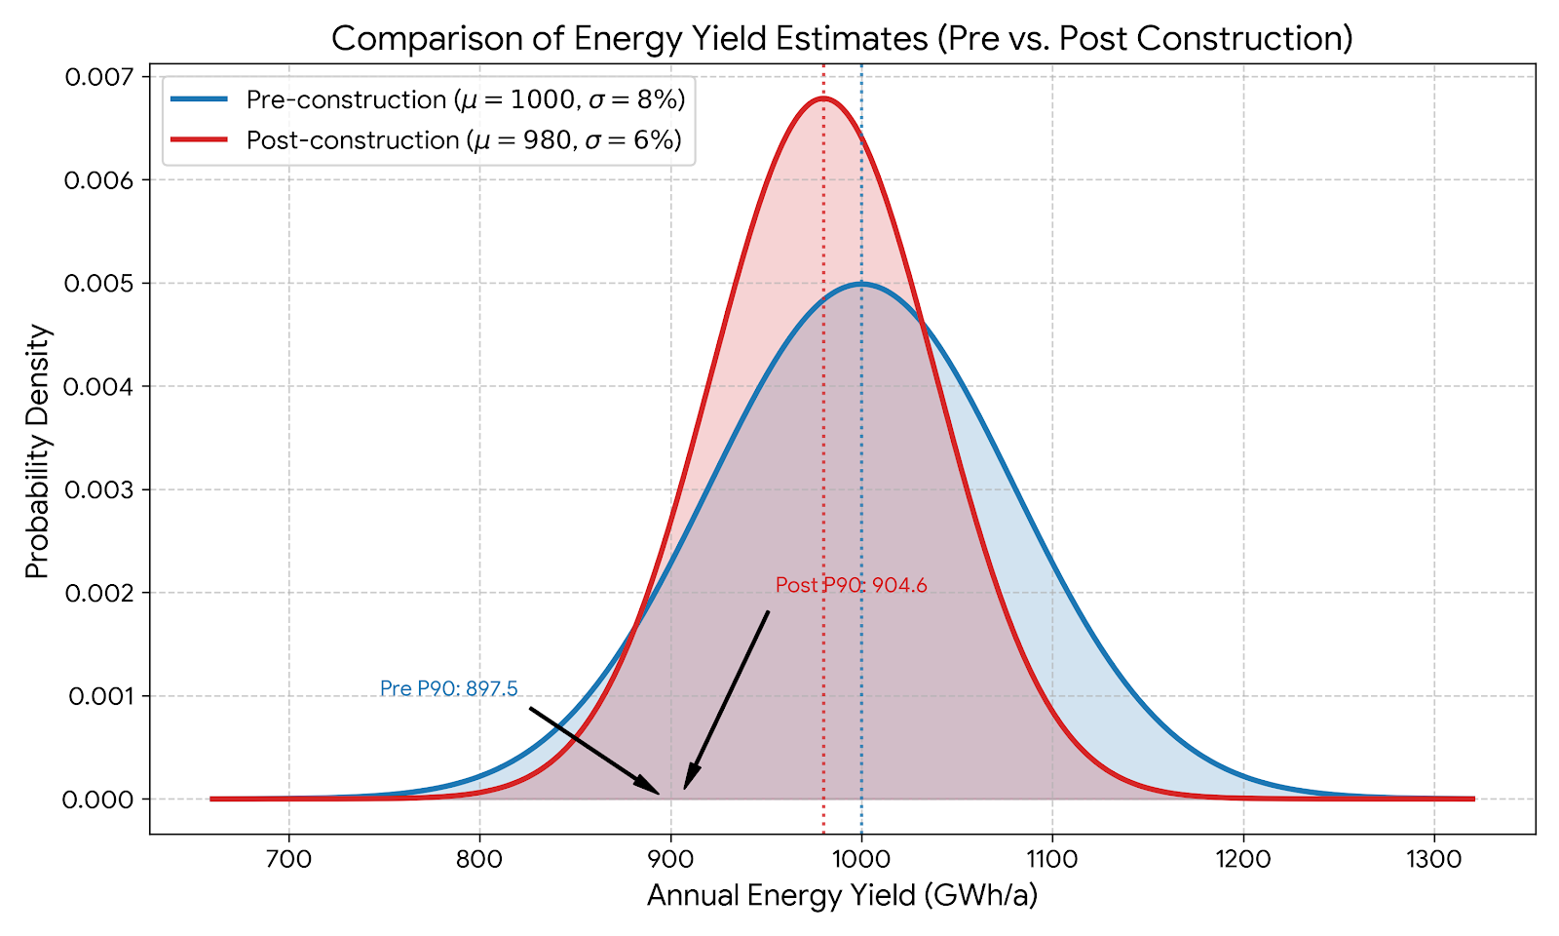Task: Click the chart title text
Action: pyautogui.click(x=842, y=38)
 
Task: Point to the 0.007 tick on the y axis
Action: pyautogui.click(x=101, y=76)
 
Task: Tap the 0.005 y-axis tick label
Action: pyautogui.click(x=101, y=283)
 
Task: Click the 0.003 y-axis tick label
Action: pyautogui.click(x=101, y=489)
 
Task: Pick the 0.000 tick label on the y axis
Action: pyautogui.click(x=101, y=799)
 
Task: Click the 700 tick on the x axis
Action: pyautogui.click(x=288, y=859)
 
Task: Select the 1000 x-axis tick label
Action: pyautogui.click(x=861, y=859)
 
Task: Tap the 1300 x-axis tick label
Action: pyautogui.click(x=1433, y=859)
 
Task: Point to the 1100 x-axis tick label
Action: pyautogui.click(x=1052, y=859)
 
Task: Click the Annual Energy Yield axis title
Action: pyautogui.click(x=842, y=895)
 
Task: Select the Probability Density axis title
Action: pyautogui.click(x=37, y=450)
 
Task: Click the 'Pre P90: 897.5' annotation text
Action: pyautogui.click(x=448, y=688)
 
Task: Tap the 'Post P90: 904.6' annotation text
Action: pyautogui.click(x=851, y=585)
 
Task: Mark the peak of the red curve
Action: pyautogui.click(x=823, y=97)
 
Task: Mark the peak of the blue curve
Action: pyautogui.click(x=861, y=284)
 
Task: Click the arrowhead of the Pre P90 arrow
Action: pyautogui.click(x=655, y=791)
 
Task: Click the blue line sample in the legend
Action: pyautogui.click(x=199, y=99)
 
